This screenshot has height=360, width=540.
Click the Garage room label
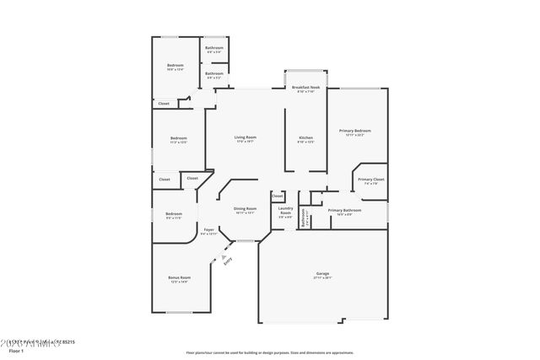pos(322,273)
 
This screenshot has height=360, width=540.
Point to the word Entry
pos(229,261)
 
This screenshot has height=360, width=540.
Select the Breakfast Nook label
pos(305,88)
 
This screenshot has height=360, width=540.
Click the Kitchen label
pos(305,137)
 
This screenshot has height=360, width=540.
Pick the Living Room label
pos(245,137)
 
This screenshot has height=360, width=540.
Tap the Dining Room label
pos(245,208)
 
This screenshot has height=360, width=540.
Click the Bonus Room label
pos(179,277)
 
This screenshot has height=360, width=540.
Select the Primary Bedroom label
pos(355,131)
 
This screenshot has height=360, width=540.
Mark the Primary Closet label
pos(370,180)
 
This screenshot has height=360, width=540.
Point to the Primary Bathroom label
pos(345,210)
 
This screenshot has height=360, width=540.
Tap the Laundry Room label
pos(286,211)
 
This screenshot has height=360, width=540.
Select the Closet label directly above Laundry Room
pos(278,196)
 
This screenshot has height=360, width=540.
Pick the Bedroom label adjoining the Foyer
pos(174,213)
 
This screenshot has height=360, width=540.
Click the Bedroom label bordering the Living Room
pos(178,138)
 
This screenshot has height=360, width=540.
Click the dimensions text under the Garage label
pos(322,277)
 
